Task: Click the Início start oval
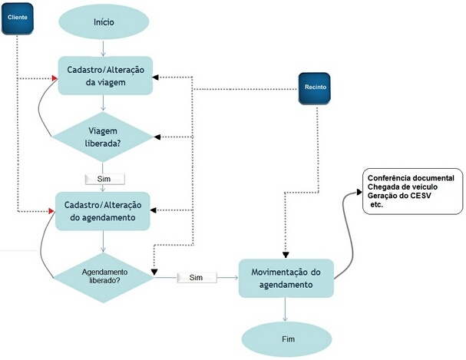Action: point(104,23)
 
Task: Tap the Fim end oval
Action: point(286,339)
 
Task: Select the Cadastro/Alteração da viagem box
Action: point(104,75)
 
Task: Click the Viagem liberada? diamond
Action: point(104,137)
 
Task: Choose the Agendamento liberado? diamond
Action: point(104,276)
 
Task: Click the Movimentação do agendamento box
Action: point(286,278)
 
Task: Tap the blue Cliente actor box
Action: point(17,17)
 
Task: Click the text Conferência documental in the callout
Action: point(411,178)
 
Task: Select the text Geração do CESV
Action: point(404,197)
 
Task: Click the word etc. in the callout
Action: point(377,206)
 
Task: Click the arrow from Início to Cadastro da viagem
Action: point(104,48)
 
